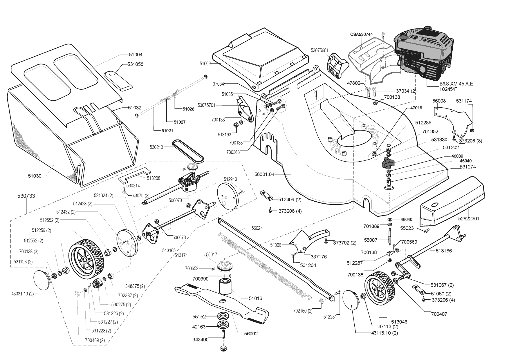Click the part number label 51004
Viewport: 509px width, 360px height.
(136, 55)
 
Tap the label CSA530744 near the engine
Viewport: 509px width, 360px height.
(361, 34)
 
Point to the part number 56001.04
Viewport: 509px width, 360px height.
(264, 174)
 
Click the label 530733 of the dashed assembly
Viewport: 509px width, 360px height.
(26, 196)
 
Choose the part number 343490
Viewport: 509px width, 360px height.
(200, 339)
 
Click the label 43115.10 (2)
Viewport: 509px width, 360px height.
(385, 333)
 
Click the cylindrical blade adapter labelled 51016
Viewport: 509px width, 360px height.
(225, 287)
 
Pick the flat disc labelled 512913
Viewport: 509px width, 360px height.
(227, 196)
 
